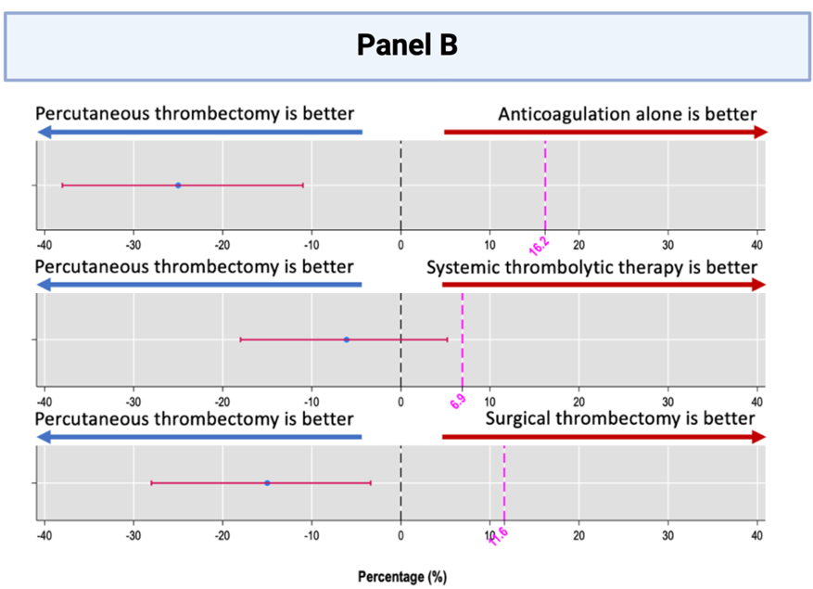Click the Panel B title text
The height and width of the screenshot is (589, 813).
coord(407,45)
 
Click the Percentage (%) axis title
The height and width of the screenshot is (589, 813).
coord(402,576)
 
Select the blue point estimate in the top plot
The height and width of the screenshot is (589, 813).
coord(178,186)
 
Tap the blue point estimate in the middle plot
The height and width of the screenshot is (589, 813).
coord(347,339)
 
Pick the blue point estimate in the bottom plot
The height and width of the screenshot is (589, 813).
coord(267,482)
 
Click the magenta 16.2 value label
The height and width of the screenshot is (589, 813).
coord(539,245)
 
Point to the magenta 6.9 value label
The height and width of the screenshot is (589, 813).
coord(458,402)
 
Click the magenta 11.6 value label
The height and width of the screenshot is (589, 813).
coord(498,536)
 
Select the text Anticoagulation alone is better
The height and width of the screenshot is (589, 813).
coord(627,114)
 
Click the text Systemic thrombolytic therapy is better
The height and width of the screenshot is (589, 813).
coord(591,267)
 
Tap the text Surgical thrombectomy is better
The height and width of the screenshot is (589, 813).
coord(620,418)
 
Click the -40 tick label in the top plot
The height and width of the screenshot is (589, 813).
coord(44,245)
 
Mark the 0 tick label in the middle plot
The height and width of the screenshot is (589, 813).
coord(400,401)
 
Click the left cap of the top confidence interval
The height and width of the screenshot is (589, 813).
coord(62,186)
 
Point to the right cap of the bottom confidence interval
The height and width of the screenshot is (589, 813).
coord(371,482)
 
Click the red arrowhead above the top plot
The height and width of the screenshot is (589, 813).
coord(760,132)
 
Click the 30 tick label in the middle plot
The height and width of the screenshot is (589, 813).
coord(667,401)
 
